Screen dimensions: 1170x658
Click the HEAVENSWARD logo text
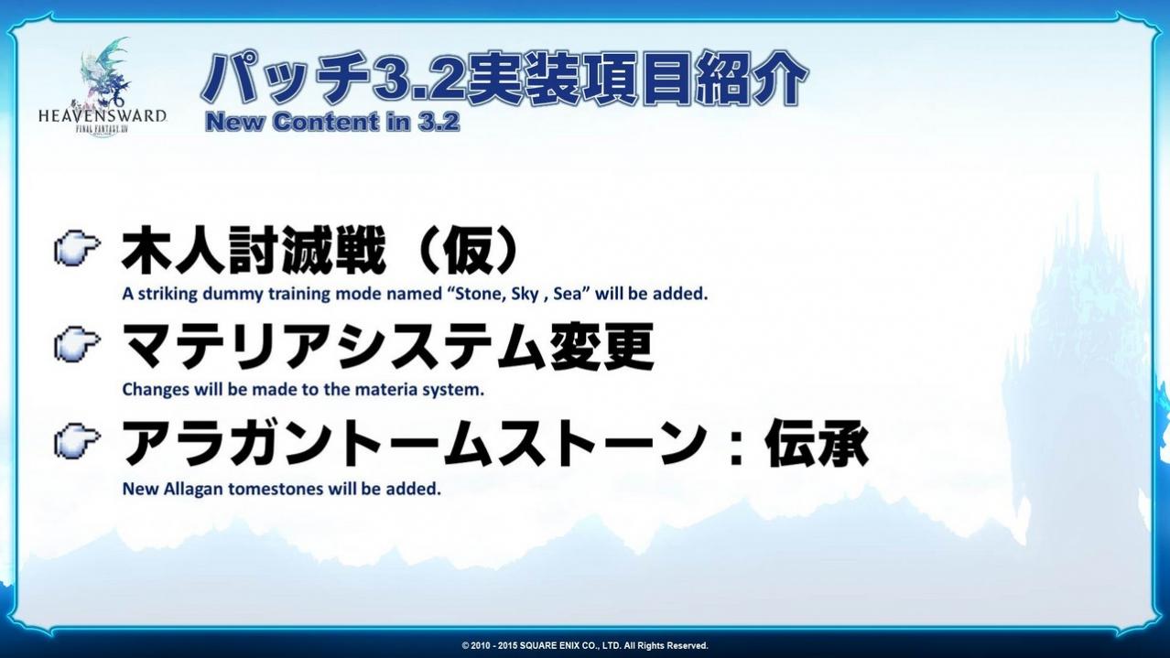pyautogui.click(x=103, y=115)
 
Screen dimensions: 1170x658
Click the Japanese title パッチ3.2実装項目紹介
pyautogui.click(x=504, y=79)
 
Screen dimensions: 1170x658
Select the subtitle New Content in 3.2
pyautogui.click(x=332, y=123)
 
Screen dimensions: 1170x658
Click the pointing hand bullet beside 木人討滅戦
pyautogui.click(x=77, y=250)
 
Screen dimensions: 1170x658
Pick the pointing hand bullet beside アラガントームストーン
pyautogui.click(x=77, y=439)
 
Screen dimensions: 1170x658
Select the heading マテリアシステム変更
pyautogui.click(x=387, y=346)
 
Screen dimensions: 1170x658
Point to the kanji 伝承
pyautogui.click(x=817, y=443)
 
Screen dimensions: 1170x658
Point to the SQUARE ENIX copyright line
pyautogui.click(x=585, y=645)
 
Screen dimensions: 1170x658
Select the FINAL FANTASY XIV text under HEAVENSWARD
pyautogui.click(x=103, y=128)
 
